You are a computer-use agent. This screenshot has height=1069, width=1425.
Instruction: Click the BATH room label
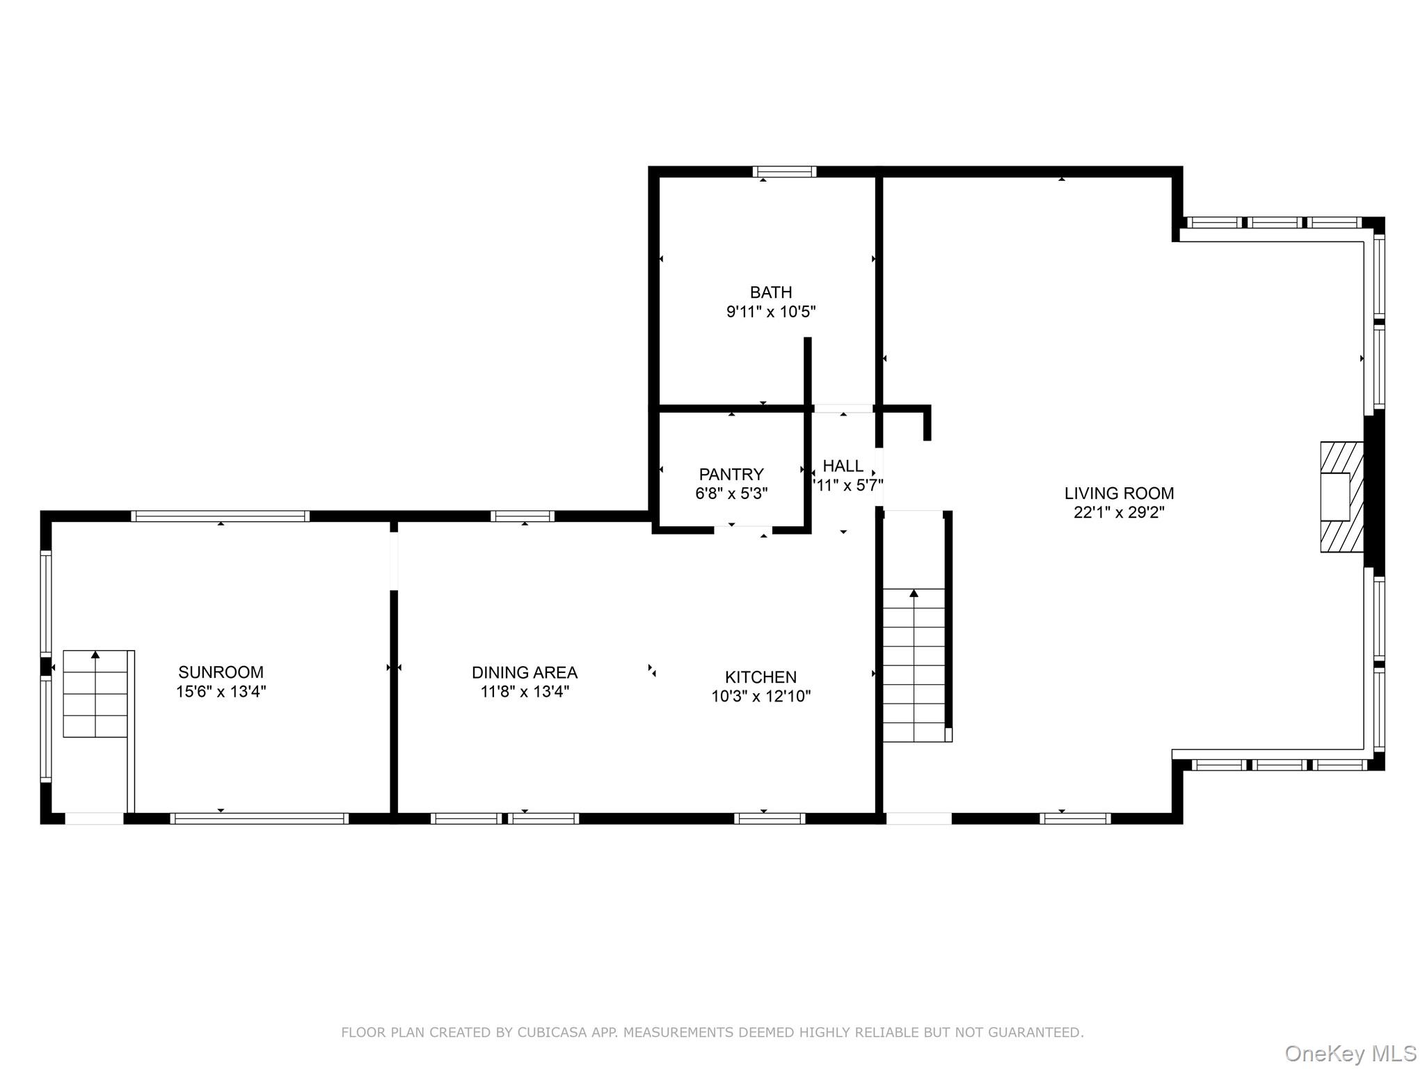click(x=771, y=292)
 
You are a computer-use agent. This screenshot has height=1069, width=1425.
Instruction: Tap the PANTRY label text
click(x=731, y=475)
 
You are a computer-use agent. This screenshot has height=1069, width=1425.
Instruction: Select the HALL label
click(x=843, y=466)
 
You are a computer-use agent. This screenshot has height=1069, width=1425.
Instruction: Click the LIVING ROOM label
click(x=1119, y=493)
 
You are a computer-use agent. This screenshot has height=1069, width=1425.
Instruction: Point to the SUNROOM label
click(x=221, y=672)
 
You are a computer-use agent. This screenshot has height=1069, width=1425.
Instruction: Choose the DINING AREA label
click(x=525, y=672)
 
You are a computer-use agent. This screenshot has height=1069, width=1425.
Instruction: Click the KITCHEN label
click(x=761, y=677)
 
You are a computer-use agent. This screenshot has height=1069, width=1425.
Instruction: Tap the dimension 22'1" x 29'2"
click(x=1119, y=513)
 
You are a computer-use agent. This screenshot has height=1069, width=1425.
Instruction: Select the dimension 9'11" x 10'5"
click(x=771, y=312)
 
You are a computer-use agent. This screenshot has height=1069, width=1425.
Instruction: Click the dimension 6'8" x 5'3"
click(x=731, y=494)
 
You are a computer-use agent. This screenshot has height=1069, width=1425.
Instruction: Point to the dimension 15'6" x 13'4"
click(x=221, y=692)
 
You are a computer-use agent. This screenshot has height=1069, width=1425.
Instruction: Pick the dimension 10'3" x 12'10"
click(x=761, y=697)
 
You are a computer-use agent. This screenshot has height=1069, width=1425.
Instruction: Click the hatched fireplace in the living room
click(x=1342, y=497)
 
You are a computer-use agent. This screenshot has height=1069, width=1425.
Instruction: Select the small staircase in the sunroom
click(x=95, y=694)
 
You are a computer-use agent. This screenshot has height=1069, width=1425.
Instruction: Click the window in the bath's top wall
click(x=784, y=172)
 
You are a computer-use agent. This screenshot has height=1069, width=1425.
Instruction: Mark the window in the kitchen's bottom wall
click(x=770, y=818)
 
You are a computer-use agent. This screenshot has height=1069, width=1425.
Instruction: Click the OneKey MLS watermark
click(x=1351, y=1053)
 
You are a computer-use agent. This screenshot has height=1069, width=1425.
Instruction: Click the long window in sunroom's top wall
click(x=221, y=516)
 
